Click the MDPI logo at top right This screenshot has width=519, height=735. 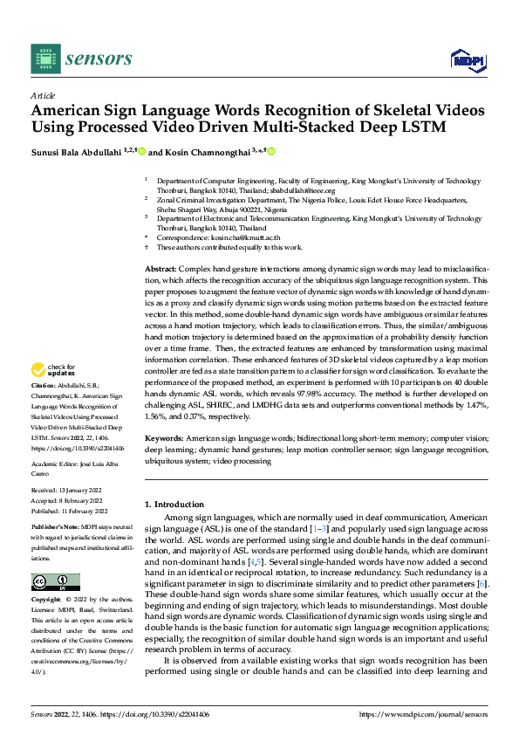[467, 58]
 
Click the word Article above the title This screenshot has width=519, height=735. [43, 96]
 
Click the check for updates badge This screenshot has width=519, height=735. [51, 394]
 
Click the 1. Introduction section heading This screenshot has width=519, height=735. [174, 504]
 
